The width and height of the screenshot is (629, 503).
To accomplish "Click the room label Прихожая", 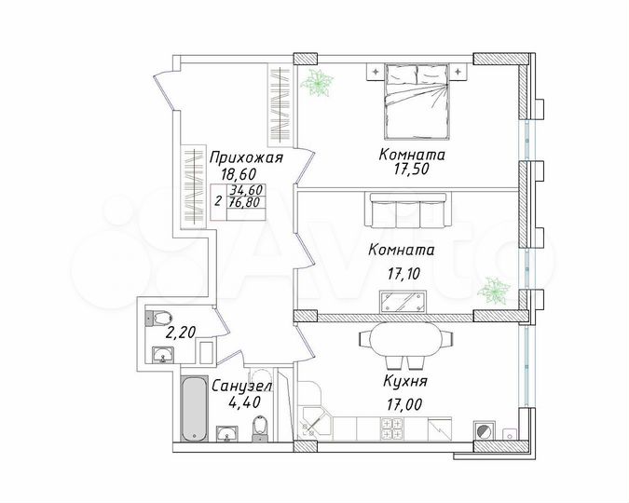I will pos(245,156).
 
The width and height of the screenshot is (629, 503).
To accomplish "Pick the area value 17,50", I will pos(412,170).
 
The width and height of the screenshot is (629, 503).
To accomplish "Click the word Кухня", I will pos(404,381).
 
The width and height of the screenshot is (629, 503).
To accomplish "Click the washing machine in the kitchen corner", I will pos(484,430).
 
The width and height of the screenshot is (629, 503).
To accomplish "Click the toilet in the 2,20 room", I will pos(157,316).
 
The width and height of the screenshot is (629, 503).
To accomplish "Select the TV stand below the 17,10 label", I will pos(403,300).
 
